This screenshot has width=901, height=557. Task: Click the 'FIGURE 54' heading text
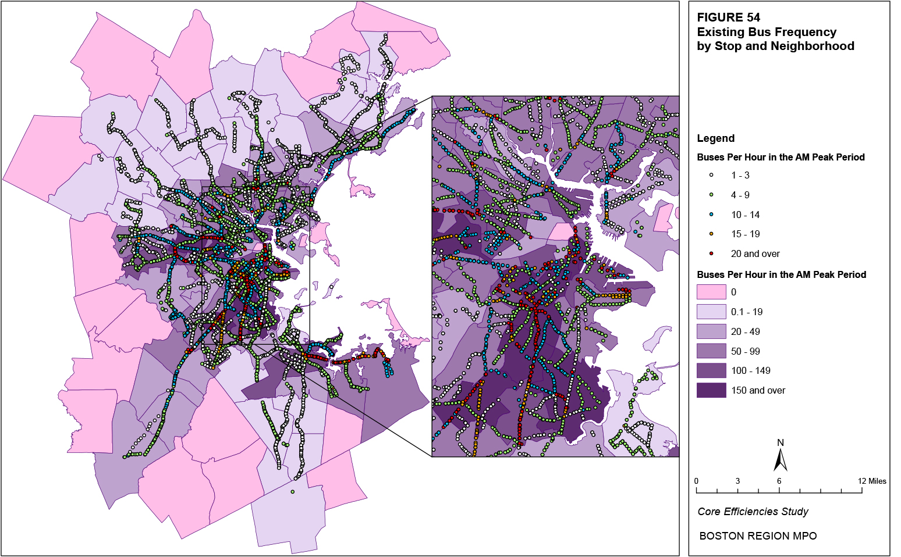tap(728, 17)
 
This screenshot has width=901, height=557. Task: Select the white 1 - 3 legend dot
tap(711, 175)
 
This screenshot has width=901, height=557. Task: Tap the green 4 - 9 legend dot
tap(711, 195)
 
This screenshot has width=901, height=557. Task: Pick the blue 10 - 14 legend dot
tap(711, 215)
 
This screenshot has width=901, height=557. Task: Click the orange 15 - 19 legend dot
tap(711, 234)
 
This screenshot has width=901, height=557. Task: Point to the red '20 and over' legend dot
tap(711, 253)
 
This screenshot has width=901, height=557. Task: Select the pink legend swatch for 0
tap(711, 292)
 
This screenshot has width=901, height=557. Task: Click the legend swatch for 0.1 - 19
tap(711, 312)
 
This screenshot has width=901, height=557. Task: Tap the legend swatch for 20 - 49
tap(711, 331)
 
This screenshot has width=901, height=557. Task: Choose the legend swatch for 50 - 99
tap(711, 351)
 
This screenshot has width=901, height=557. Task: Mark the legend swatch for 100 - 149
tap(711, 370)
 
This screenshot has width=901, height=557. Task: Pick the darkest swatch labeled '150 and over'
tap(711, 390)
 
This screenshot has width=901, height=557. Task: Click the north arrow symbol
tap(781, 459)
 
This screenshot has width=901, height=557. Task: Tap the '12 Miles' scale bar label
tap(872, 481)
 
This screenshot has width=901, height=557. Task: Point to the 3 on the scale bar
tap(737, 481)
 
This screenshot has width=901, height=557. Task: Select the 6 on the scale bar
tap(779, 481)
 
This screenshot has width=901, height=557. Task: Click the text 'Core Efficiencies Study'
tap(753, 512)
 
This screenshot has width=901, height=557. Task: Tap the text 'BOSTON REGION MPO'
tap(758, 536)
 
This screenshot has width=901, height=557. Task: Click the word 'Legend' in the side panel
tap(715, 138)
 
